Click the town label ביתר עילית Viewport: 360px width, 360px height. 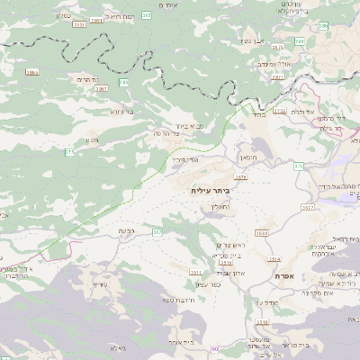pos(211,191)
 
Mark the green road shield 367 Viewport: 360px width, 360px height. pos(157,232)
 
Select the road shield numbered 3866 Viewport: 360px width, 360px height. pos(32,71)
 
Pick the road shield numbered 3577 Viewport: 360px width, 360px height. pos(309,208)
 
